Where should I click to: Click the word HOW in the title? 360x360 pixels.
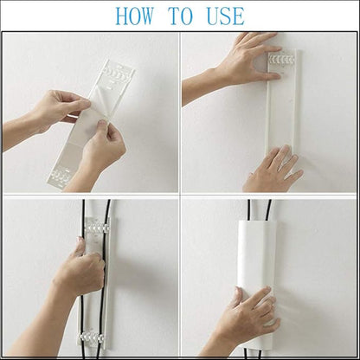135,16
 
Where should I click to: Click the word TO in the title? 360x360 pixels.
181,16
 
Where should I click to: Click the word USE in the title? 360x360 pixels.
226,16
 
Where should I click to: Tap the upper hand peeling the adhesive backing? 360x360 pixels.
62,106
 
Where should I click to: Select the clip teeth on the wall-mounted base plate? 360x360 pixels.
281,60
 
